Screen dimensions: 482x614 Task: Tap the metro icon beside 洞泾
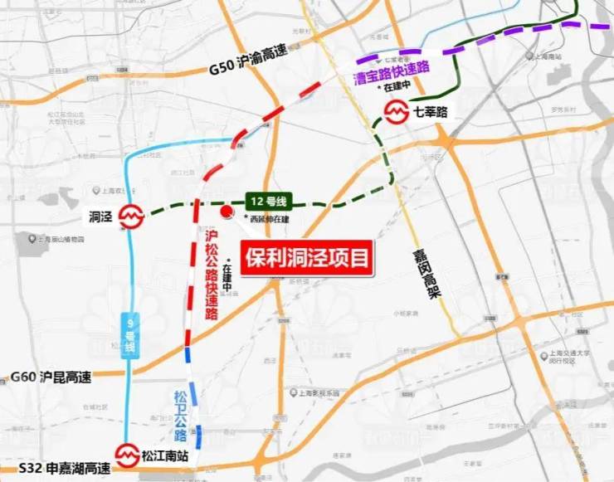point(130,218)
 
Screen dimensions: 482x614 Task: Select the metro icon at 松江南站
point(127,454)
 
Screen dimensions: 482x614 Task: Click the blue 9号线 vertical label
point(130,335)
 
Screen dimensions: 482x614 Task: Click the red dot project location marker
point(226,212)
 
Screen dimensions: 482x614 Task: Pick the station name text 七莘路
point(431,112)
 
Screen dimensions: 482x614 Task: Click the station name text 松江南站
point(165,454)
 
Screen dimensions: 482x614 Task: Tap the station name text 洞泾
point(100,217)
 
